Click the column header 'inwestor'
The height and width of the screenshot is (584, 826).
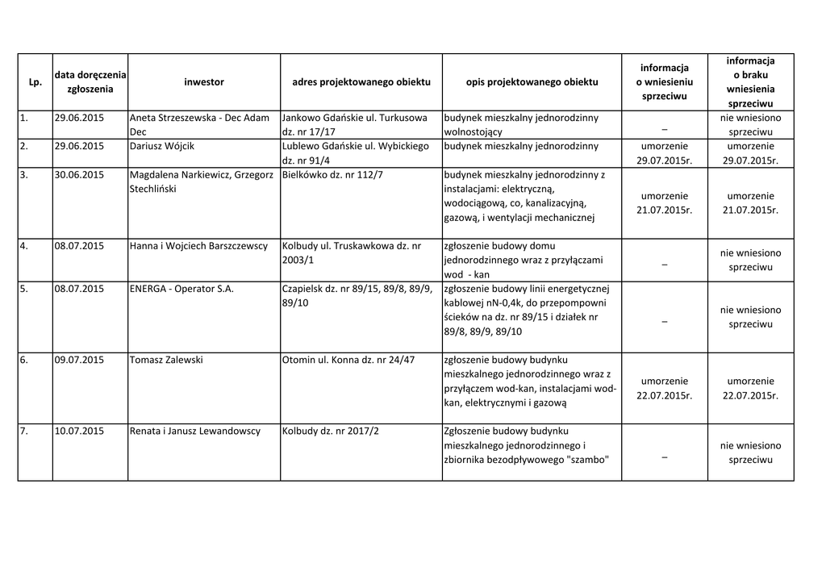tap(203, 82)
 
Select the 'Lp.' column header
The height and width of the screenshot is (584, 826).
tap(35, 82)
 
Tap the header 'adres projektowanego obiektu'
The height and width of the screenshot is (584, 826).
tap(361, 82)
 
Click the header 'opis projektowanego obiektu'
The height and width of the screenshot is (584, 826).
tap(532, 82)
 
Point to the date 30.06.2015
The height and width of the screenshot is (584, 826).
tap(79, 175)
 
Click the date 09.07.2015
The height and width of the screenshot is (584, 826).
tap(79, 360)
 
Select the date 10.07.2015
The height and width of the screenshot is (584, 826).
tap(79, 431)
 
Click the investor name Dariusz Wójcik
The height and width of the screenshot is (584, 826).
tap(161, 146)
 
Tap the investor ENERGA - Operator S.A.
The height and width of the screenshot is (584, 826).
tap(181, 289)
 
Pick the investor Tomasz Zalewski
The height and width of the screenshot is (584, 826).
tap(166, 360)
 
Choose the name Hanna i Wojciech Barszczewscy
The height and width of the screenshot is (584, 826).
tap(198, 246)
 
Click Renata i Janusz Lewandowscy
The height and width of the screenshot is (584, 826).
tap(194, 431)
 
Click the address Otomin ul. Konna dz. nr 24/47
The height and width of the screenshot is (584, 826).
tap(348, 360)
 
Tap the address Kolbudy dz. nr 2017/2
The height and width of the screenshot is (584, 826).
tap(331, 431)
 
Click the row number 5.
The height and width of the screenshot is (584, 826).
tap(24, 289)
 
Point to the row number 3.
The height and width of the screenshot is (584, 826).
tap(24, 175)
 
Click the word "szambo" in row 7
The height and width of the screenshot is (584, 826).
tap(586, 460)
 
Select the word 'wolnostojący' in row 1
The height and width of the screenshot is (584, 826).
tap(473, 131)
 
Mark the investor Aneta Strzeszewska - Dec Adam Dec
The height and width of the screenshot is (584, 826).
tap(199, 124)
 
